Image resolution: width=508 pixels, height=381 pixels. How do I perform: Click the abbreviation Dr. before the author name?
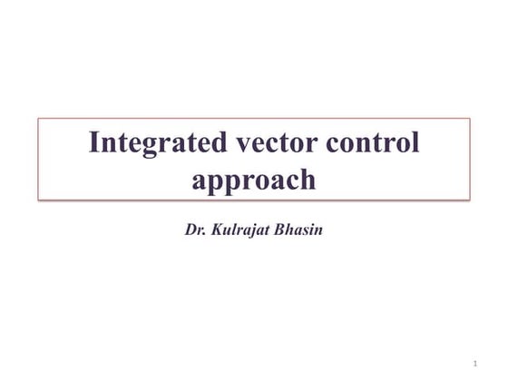pos(194,229)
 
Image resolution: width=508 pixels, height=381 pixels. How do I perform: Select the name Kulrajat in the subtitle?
pos(238,229)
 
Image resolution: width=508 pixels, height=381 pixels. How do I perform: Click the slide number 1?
pos(474,363)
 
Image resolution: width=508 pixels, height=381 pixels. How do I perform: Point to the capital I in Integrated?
pos(94,142)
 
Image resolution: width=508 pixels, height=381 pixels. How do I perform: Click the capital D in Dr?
pos(190,229)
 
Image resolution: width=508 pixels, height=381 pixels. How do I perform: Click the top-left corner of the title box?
pos(38,118)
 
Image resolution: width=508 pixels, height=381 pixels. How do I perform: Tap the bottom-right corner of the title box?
pos(470,199)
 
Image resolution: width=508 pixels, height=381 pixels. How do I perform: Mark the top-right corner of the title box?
pos(470,118)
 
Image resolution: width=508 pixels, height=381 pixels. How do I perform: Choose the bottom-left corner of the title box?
pos(38,199)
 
